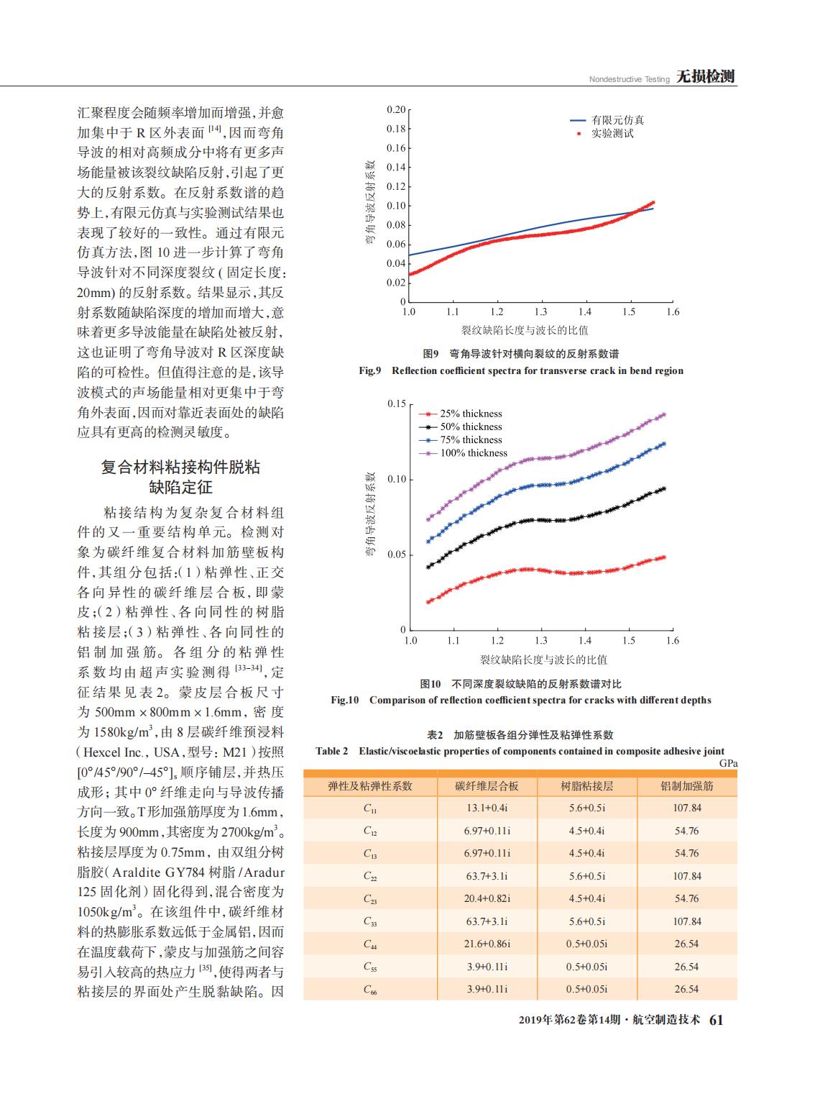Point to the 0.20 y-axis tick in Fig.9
(396, 109)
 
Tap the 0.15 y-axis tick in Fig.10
(397, 403)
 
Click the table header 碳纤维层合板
(487, 786)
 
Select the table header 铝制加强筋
(687, 786)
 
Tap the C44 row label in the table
(370, 944)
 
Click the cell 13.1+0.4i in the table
(487, 808)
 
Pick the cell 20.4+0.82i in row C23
(487, 898)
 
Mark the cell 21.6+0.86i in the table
(487, 944)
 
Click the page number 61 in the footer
(716, 1020)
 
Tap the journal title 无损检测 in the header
(705, 77)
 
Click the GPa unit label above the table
(728, 764)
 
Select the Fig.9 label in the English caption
(370, 370)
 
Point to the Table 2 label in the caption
(332, 751)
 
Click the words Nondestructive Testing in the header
(630, 79)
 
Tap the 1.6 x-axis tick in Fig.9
(673, 312)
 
